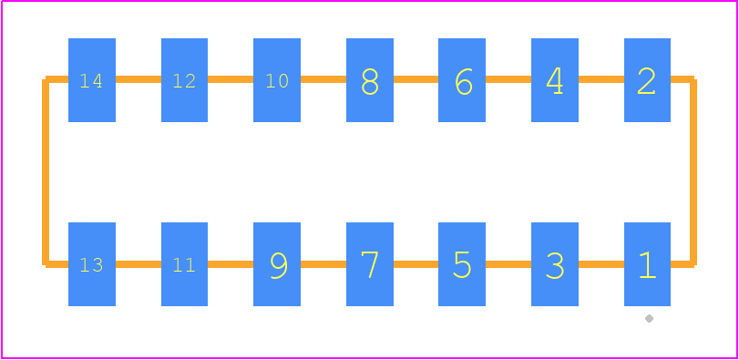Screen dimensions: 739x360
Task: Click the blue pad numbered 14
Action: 92,80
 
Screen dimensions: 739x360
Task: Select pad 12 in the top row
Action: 184,80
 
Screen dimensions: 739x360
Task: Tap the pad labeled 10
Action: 277,80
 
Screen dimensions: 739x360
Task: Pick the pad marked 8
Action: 370,80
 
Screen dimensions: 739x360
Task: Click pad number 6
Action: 462,80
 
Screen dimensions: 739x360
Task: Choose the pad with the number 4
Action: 555,80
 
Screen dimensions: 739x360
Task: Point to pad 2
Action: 647,80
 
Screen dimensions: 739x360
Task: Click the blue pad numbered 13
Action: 92,264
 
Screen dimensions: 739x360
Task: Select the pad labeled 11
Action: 184,264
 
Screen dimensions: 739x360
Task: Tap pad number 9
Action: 277,264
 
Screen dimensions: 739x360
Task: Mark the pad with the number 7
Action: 370,264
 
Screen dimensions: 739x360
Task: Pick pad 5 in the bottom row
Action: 462,264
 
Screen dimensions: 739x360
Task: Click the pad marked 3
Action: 555,264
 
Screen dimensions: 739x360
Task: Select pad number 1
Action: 647,264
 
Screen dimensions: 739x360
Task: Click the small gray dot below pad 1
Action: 649,319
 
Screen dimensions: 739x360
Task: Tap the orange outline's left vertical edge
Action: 46,172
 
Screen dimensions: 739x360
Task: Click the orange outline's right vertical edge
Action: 693,172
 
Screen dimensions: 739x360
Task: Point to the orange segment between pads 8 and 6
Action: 416,79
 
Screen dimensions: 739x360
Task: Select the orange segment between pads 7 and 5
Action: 416,264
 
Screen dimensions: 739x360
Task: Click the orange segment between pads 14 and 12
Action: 139,79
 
